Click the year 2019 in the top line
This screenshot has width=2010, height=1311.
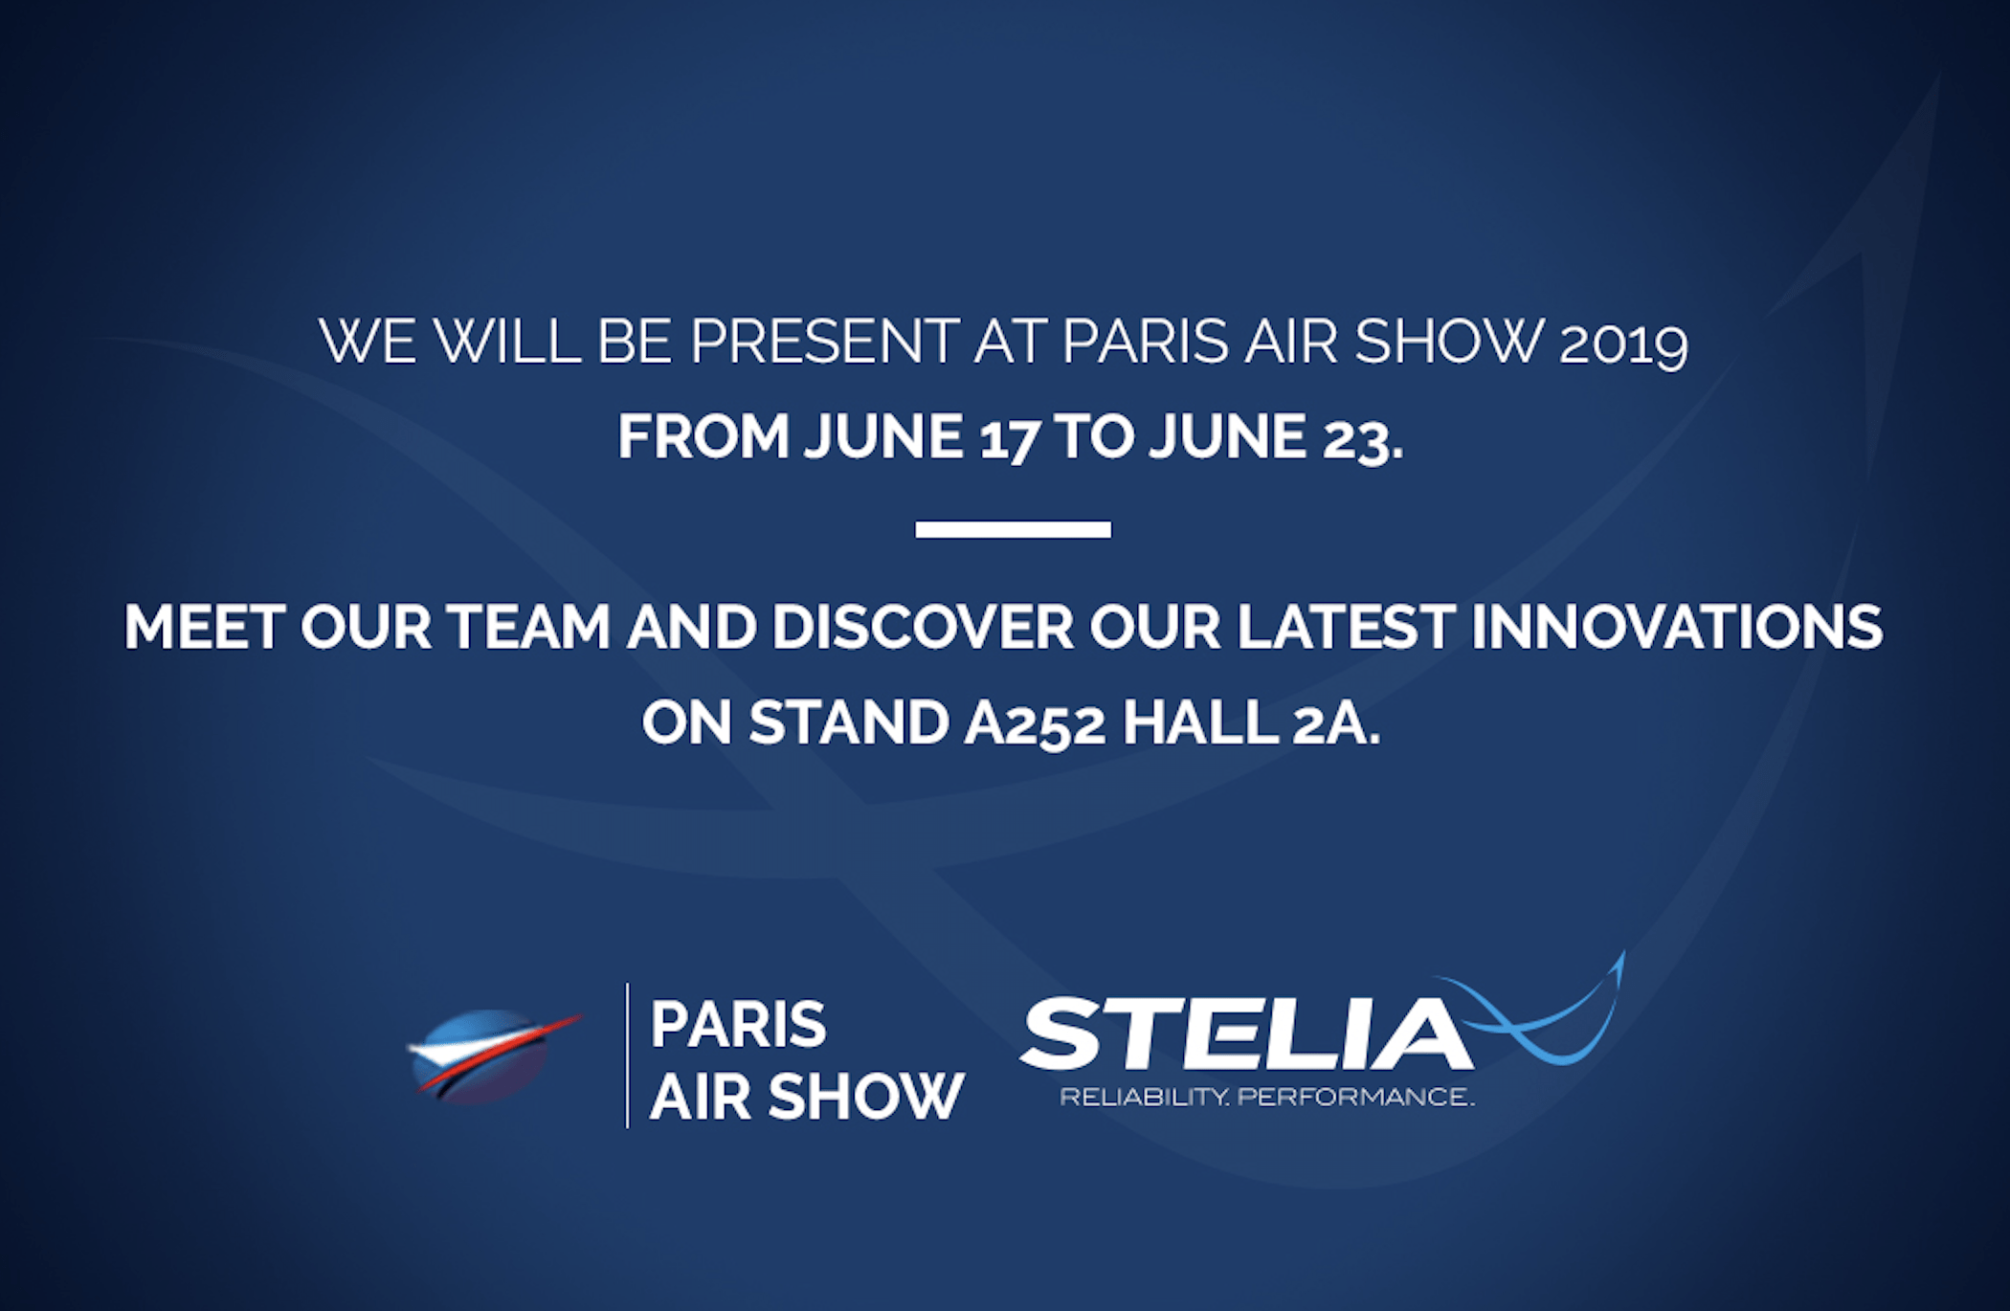tap(1623, 342)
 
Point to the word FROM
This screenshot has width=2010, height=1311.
tap(703, 436)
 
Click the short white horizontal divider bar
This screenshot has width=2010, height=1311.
tap(1013, 529)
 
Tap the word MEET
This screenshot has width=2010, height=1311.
tap(205, 627)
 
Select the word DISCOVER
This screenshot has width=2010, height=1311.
tap(923, 627)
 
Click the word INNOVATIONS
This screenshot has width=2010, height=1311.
tap(1677, 627)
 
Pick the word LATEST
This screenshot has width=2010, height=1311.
tap(1347, 627)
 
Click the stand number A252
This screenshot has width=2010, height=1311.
tap(1035, 722)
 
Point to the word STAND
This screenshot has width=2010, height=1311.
tap(849, 722)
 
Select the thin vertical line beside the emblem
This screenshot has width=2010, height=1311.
tap(628, 1055)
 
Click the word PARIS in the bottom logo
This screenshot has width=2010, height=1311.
tap(738, 1025)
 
